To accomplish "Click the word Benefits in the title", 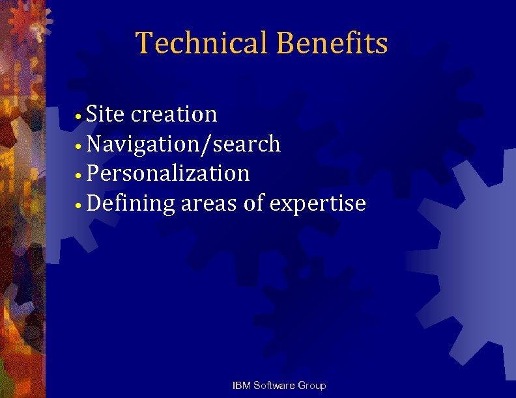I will [x=332, y=44].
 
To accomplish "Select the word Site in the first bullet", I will [x=105, y=114].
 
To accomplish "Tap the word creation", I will [x=174, y=114].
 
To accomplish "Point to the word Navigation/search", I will [x=183, y=144].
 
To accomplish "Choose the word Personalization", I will [x=167, y=174].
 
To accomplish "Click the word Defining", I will [x=130, y=204].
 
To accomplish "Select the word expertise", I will [x=317, y=204].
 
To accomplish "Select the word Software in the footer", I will [x=274, y=386].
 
